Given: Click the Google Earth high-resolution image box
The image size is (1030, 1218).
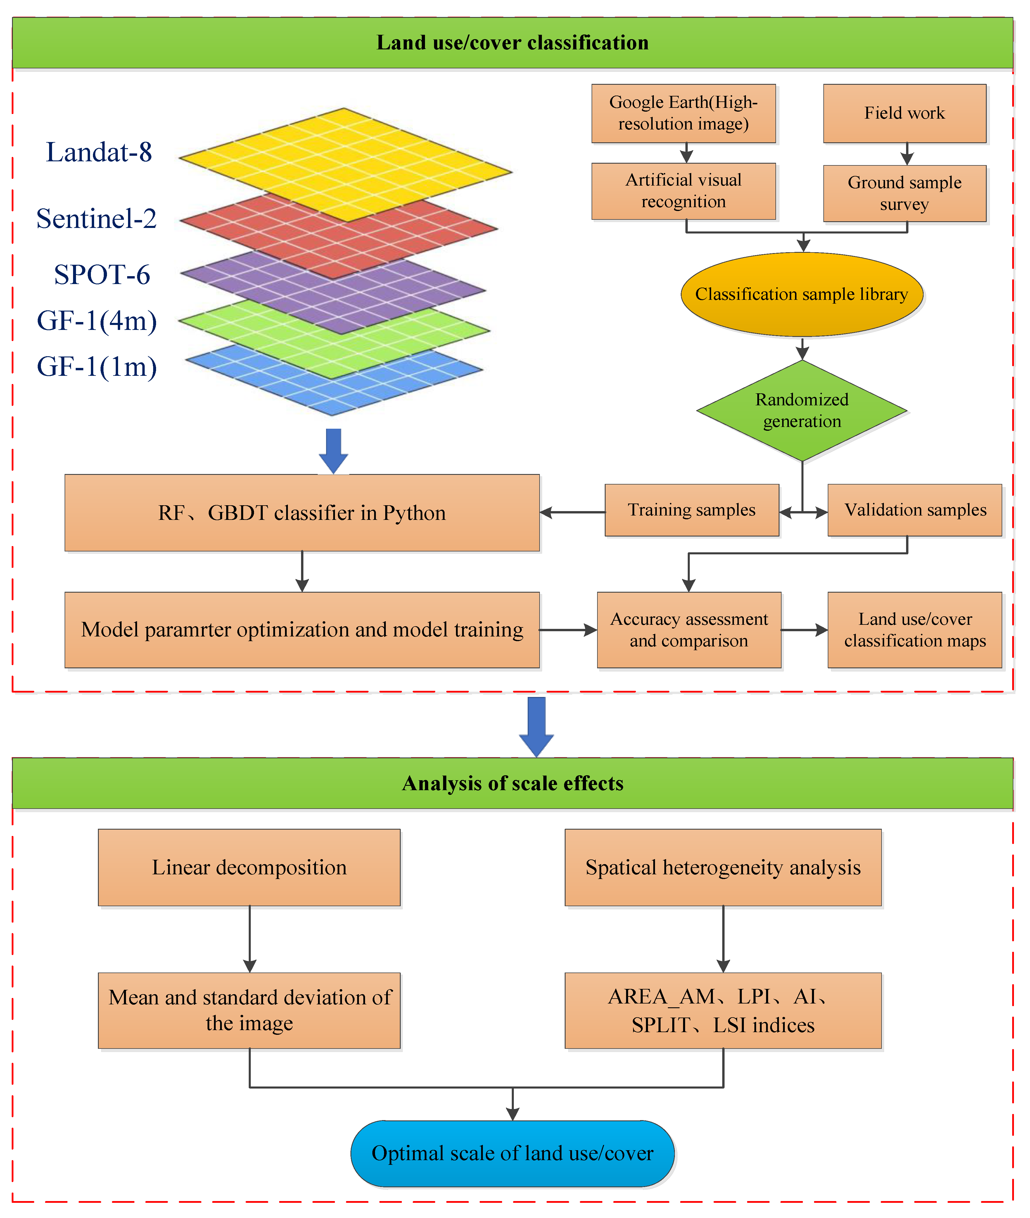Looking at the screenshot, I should (683, 113).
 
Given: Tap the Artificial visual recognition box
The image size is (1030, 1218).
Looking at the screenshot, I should (683, 191).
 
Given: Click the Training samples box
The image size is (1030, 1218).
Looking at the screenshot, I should (691, 510).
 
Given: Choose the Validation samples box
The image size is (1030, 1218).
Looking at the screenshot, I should (914, 510).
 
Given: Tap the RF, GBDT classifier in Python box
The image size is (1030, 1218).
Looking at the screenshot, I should (302, 513).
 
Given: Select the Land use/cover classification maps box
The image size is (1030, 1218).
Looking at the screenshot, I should (914, 630).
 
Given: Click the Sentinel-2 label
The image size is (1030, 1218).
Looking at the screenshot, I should (96, 219).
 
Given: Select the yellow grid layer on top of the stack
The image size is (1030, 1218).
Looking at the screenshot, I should (345, 158).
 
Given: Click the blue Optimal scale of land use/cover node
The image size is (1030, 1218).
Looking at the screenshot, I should (512, 1153).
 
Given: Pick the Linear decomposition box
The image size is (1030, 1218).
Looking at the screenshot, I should (249, 868).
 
